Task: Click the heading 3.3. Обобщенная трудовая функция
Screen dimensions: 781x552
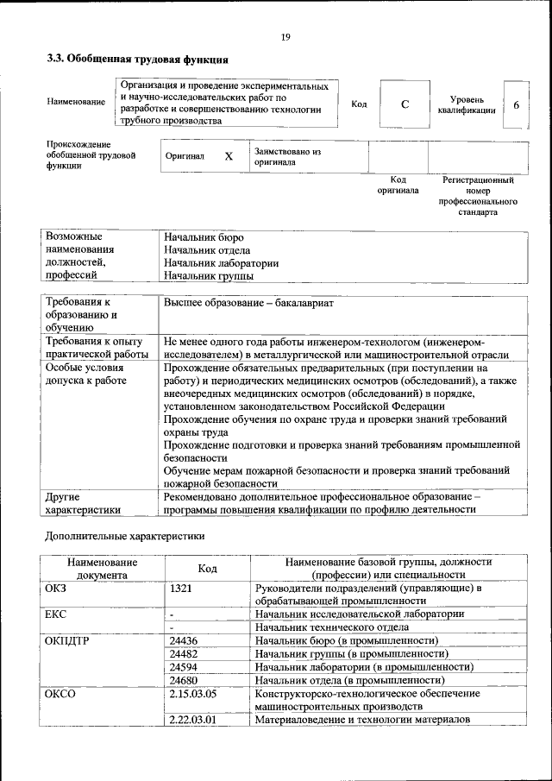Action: [x=137, y=60]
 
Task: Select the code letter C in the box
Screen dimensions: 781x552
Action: [x=405, y=104]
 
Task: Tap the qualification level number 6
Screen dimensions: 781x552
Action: [x=516, y=104]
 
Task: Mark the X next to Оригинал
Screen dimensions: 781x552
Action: [x=229, y=156]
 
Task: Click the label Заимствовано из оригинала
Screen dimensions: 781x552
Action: [x=287, y=156]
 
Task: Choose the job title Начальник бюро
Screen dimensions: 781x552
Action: [x=204, y=237]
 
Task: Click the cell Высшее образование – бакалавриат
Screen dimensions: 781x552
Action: [x=248, y=304]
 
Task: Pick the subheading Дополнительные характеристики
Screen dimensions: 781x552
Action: [x=124, y=536]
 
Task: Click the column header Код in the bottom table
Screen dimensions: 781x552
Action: [x=207, y=568]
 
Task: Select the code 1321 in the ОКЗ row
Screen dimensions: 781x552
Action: [x=181, y=589]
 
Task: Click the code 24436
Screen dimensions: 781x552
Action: [x=185, y=640]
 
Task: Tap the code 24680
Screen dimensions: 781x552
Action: [x=185, y=679]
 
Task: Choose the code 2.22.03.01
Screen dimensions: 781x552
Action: [x=192, y=719]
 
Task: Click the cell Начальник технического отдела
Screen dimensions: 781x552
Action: [x=332, y=627]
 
